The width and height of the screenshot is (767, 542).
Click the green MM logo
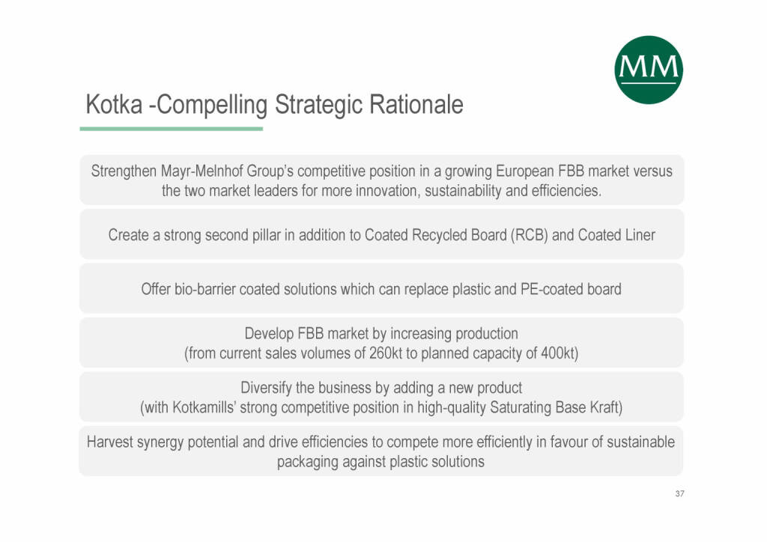649,70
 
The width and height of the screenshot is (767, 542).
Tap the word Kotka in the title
114,104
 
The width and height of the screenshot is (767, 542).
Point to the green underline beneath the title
172,129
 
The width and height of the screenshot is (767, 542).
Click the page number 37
679,493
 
